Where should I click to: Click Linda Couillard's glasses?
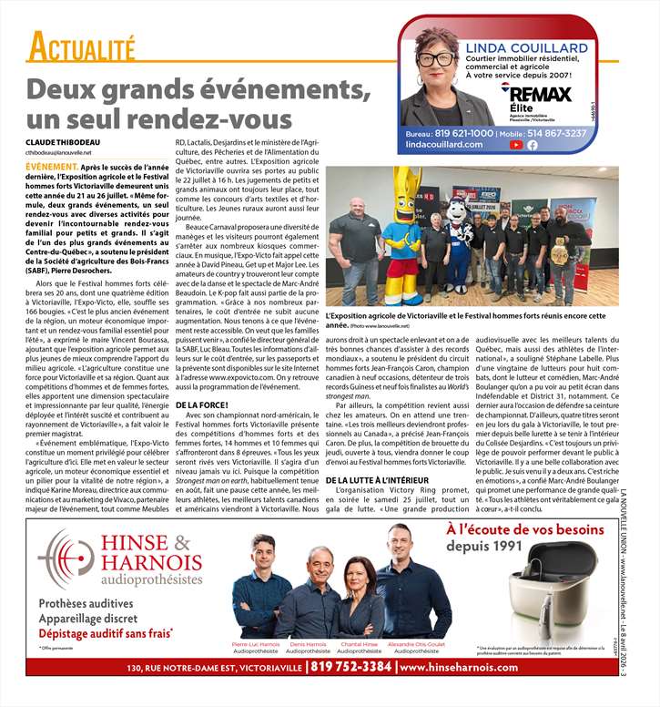pyautogui.click(x=436, y=58)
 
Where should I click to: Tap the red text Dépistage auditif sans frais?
pyautogui.click(x=105, y=632)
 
